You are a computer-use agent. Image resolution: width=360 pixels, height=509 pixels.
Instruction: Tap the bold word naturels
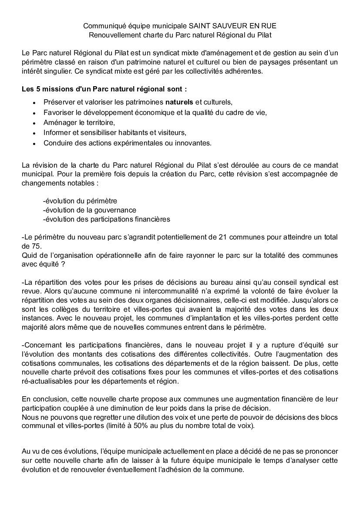[179, 102]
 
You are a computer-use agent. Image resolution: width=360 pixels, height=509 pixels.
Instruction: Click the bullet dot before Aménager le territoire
[34, 123]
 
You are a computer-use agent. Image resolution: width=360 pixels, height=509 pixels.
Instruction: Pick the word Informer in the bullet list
[57, 132]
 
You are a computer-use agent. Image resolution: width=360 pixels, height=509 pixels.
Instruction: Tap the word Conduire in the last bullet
[57, 143]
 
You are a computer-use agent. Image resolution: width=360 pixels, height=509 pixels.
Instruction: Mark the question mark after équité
[63, 264]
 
